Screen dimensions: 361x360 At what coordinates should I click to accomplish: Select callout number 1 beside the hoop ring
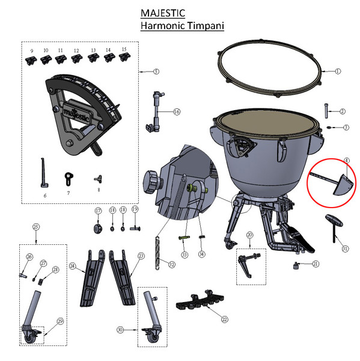[x=338, y=71]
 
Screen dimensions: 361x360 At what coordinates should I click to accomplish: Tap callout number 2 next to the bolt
[x=343, y=111]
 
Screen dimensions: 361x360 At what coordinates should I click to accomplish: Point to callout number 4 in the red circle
[x=347, y=161]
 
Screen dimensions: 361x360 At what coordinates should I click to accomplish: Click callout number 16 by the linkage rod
[x=176, y=112]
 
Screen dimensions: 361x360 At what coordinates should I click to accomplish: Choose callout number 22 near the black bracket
[x=225, y=319]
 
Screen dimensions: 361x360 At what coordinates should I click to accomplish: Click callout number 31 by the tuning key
[x=344, y=248]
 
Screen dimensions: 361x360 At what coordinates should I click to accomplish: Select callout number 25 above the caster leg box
[x=36, y=227]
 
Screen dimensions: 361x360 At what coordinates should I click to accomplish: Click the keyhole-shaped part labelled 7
[x=68, y=177]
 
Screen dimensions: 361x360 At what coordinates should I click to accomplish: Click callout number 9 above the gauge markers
[x=31, y=49]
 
